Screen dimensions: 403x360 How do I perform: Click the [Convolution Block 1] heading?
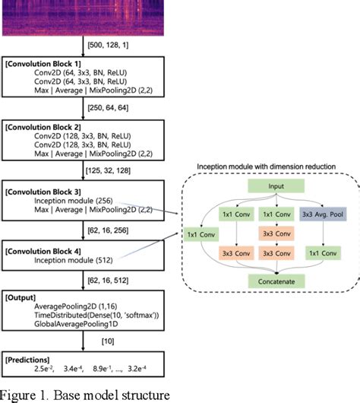click(51, 65)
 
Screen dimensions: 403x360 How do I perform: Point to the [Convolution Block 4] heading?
click(51, 248)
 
